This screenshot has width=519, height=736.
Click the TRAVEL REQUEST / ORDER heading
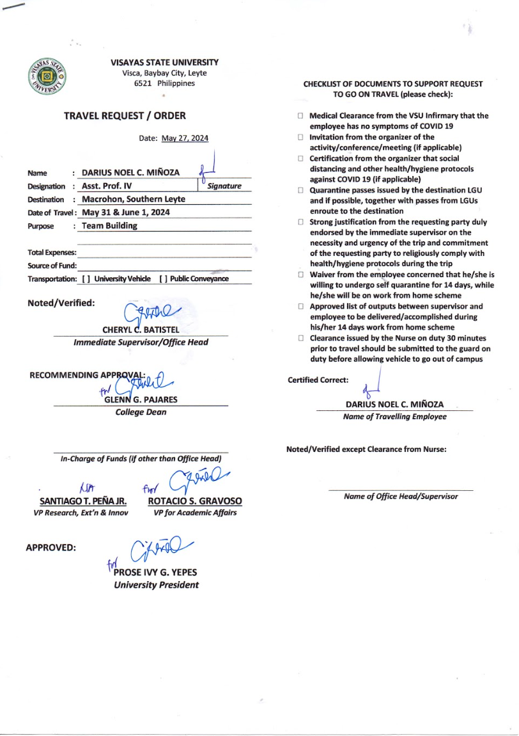125,116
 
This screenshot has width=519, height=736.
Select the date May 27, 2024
185,138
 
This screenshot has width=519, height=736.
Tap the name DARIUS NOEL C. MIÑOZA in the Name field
131,173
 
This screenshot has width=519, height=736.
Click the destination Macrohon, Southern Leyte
134,199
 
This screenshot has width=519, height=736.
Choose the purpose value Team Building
109,225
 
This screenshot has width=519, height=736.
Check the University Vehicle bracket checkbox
86,279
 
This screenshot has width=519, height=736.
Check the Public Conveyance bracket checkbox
162,279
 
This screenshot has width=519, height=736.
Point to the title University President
156,584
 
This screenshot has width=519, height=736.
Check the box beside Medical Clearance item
300,116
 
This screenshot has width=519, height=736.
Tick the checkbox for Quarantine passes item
300,191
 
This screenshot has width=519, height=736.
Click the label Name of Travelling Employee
394,417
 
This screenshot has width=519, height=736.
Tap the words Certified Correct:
318,380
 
